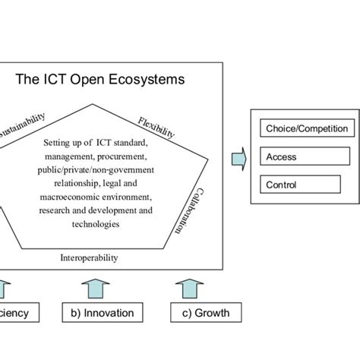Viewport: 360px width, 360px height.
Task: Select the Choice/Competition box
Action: [306, 129]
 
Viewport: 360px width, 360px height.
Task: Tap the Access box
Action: [306, 157]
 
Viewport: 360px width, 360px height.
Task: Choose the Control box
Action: [306, 185]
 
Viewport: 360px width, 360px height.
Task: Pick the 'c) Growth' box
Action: [200, 313]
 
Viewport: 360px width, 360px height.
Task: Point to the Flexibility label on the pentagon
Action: [156, 127]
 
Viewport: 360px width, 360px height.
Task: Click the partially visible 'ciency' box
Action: [14, 313]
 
